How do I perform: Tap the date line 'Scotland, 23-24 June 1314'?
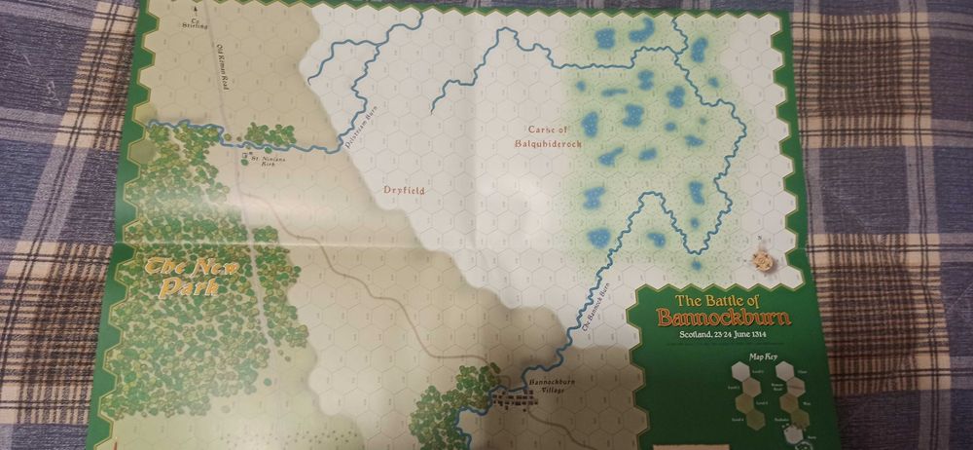(x=721, y=336)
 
